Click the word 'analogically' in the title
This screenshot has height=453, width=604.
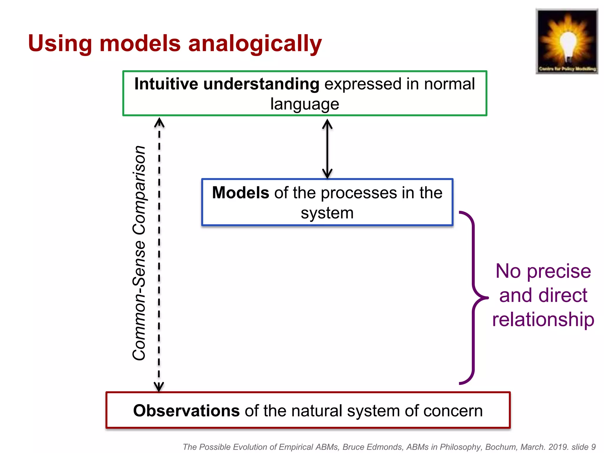pos(255,44)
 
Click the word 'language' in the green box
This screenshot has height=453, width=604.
pos(305,104)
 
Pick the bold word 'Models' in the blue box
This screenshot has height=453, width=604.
pos(240,193)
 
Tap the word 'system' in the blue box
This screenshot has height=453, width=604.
pos(327,213)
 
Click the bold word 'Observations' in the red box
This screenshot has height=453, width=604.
pos(186,411)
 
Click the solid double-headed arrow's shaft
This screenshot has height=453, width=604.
pos(327,149)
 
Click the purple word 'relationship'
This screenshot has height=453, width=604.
pos(543,319)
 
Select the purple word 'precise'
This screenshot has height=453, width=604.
pos(559,271)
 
